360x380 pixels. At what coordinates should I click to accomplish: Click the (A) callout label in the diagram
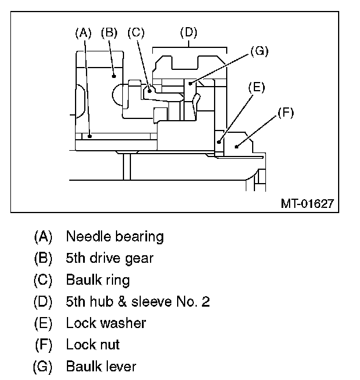[84, 33]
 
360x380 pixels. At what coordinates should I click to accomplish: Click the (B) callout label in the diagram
[109, 33]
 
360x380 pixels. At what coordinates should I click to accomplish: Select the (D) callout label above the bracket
[188, 32]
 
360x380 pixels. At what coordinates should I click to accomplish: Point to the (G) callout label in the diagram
[260, 51]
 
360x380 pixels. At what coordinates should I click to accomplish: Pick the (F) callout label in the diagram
[285, 113]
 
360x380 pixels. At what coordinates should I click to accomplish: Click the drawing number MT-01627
[306, 203]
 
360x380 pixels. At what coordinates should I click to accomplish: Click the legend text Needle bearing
[115, 236]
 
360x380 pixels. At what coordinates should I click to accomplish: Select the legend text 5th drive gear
[110, 258]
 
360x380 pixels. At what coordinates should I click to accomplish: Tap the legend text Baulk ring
[97, 280]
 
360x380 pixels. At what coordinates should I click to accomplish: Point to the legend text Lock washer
[106, 323]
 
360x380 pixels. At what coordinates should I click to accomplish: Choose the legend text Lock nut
[92, 345]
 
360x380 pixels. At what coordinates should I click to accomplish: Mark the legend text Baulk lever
[101, 366]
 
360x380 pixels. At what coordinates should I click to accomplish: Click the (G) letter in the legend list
[43, 366]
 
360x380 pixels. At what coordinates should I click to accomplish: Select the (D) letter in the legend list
[43, 301]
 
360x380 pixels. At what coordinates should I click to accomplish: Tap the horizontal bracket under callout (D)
[188, 46]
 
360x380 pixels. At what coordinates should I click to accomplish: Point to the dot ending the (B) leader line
[114, 74]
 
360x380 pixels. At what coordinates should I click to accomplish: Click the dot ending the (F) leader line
[236, 148]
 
